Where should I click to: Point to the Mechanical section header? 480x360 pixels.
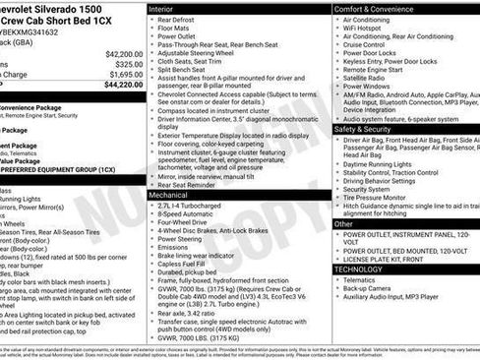coord(170,196)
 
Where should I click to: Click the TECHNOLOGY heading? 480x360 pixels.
coord(358,268)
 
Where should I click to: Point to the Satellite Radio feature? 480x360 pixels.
coord(368,78)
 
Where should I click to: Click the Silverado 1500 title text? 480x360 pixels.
coord(43,7)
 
